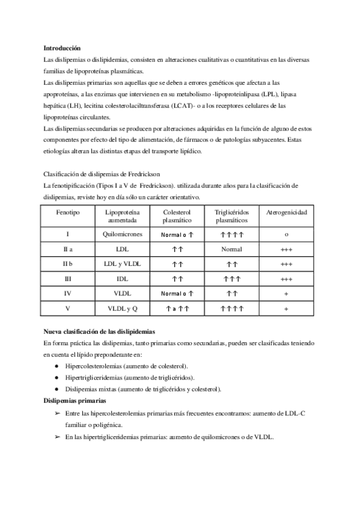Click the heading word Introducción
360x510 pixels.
(62, 48)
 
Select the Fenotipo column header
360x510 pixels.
(67, 213)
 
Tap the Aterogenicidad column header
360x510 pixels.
(286, 213)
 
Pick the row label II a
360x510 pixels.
(67, 249)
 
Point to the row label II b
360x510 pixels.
(67, 264)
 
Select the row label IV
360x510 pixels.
(67, 293)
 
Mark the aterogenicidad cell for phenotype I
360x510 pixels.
(286, 234)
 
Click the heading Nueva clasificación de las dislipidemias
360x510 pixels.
(100, 331)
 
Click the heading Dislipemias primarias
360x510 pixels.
(75, 400)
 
